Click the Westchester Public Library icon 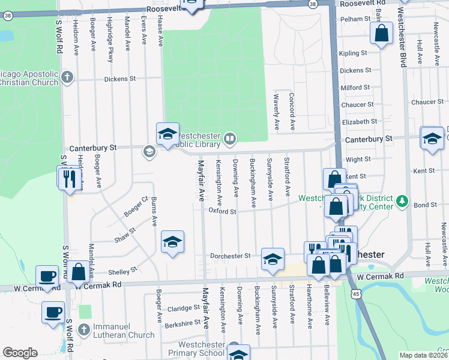point(229,140)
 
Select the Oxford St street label point(222,211)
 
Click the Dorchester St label point(230,256)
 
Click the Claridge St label point(183,308)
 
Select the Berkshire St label point(181,322)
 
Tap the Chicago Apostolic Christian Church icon point(67,77)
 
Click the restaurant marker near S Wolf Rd point(68,178)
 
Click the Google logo point(20,353)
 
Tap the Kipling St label point(353,53)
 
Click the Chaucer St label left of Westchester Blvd point(357,104)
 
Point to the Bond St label point(425,205)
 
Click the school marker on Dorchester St point(273,259)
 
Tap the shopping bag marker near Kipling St point(381,34)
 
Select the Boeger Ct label point(135,206)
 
